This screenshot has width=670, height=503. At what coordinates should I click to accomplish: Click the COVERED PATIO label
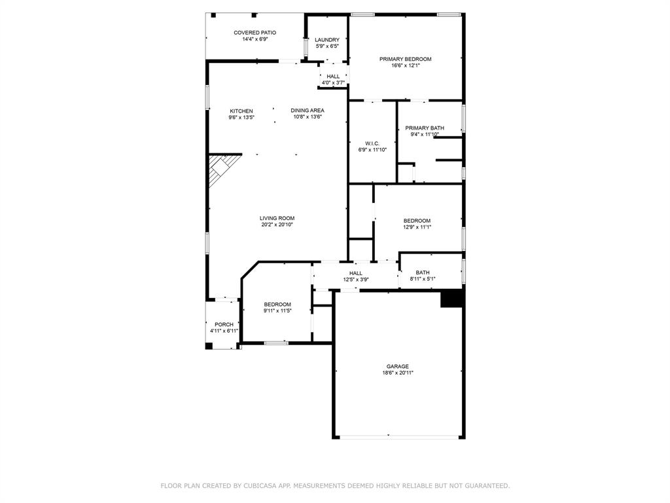[255, 33]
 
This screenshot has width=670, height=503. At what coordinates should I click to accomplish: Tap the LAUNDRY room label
[326, 40]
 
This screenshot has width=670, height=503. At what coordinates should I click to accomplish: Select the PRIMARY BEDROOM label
[405, 59]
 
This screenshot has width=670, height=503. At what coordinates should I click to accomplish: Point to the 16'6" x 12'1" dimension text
[405, 65]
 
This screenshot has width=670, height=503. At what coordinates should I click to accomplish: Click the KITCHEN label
[241, 111]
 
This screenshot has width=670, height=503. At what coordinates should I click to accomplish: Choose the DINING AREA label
[308, 111]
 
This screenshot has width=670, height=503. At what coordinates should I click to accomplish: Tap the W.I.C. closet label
[372, 143]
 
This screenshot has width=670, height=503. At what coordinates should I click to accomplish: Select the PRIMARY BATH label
[425, 128]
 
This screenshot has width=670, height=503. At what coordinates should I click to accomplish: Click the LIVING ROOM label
[277, 218]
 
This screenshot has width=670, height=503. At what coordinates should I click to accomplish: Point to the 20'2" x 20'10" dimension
[277, 225]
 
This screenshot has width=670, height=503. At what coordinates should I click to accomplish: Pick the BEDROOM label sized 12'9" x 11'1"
[417, 221]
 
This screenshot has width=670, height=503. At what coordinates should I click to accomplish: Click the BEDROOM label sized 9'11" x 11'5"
[277, 305]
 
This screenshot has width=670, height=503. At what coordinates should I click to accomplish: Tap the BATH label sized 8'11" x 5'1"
[423, 272]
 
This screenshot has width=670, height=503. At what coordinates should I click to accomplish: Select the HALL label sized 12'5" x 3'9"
[356, 273]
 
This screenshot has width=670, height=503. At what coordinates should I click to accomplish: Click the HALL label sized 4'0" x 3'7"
[333, 77]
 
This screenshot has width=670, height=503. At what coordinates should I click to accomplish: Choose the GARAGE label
[397, 366]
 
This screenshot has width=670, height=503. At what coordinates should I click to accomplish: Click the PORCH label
[224, 325]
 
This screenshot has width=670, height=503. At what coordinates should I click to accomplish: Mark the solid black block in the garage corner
[451, 299]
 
